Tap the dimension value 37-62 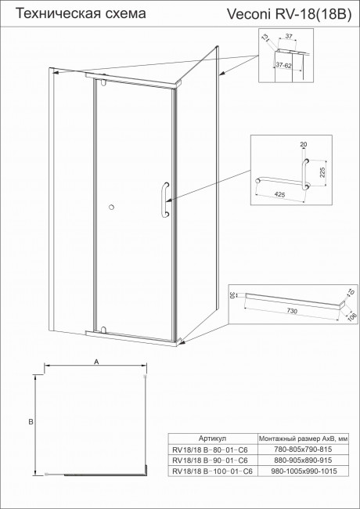283,67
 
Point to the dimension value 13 265,38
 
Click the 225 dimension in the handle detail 321,170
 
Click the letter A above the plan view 95,362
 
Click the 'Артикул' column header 213,439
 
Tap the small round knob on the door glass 113,207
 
